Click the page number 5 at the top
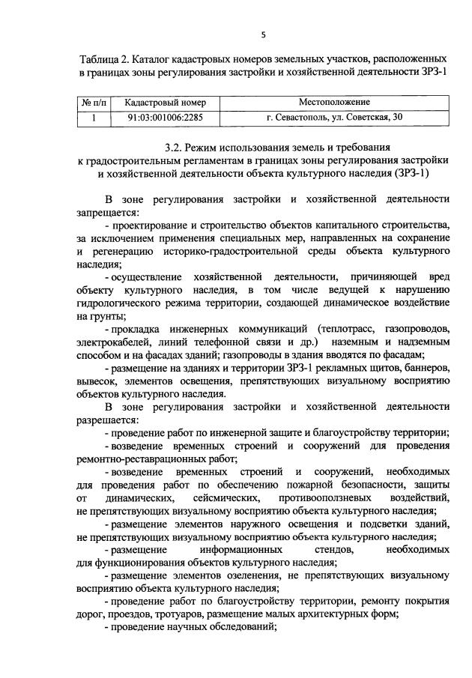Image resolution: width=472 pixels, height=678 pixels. tap(264, 34)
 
